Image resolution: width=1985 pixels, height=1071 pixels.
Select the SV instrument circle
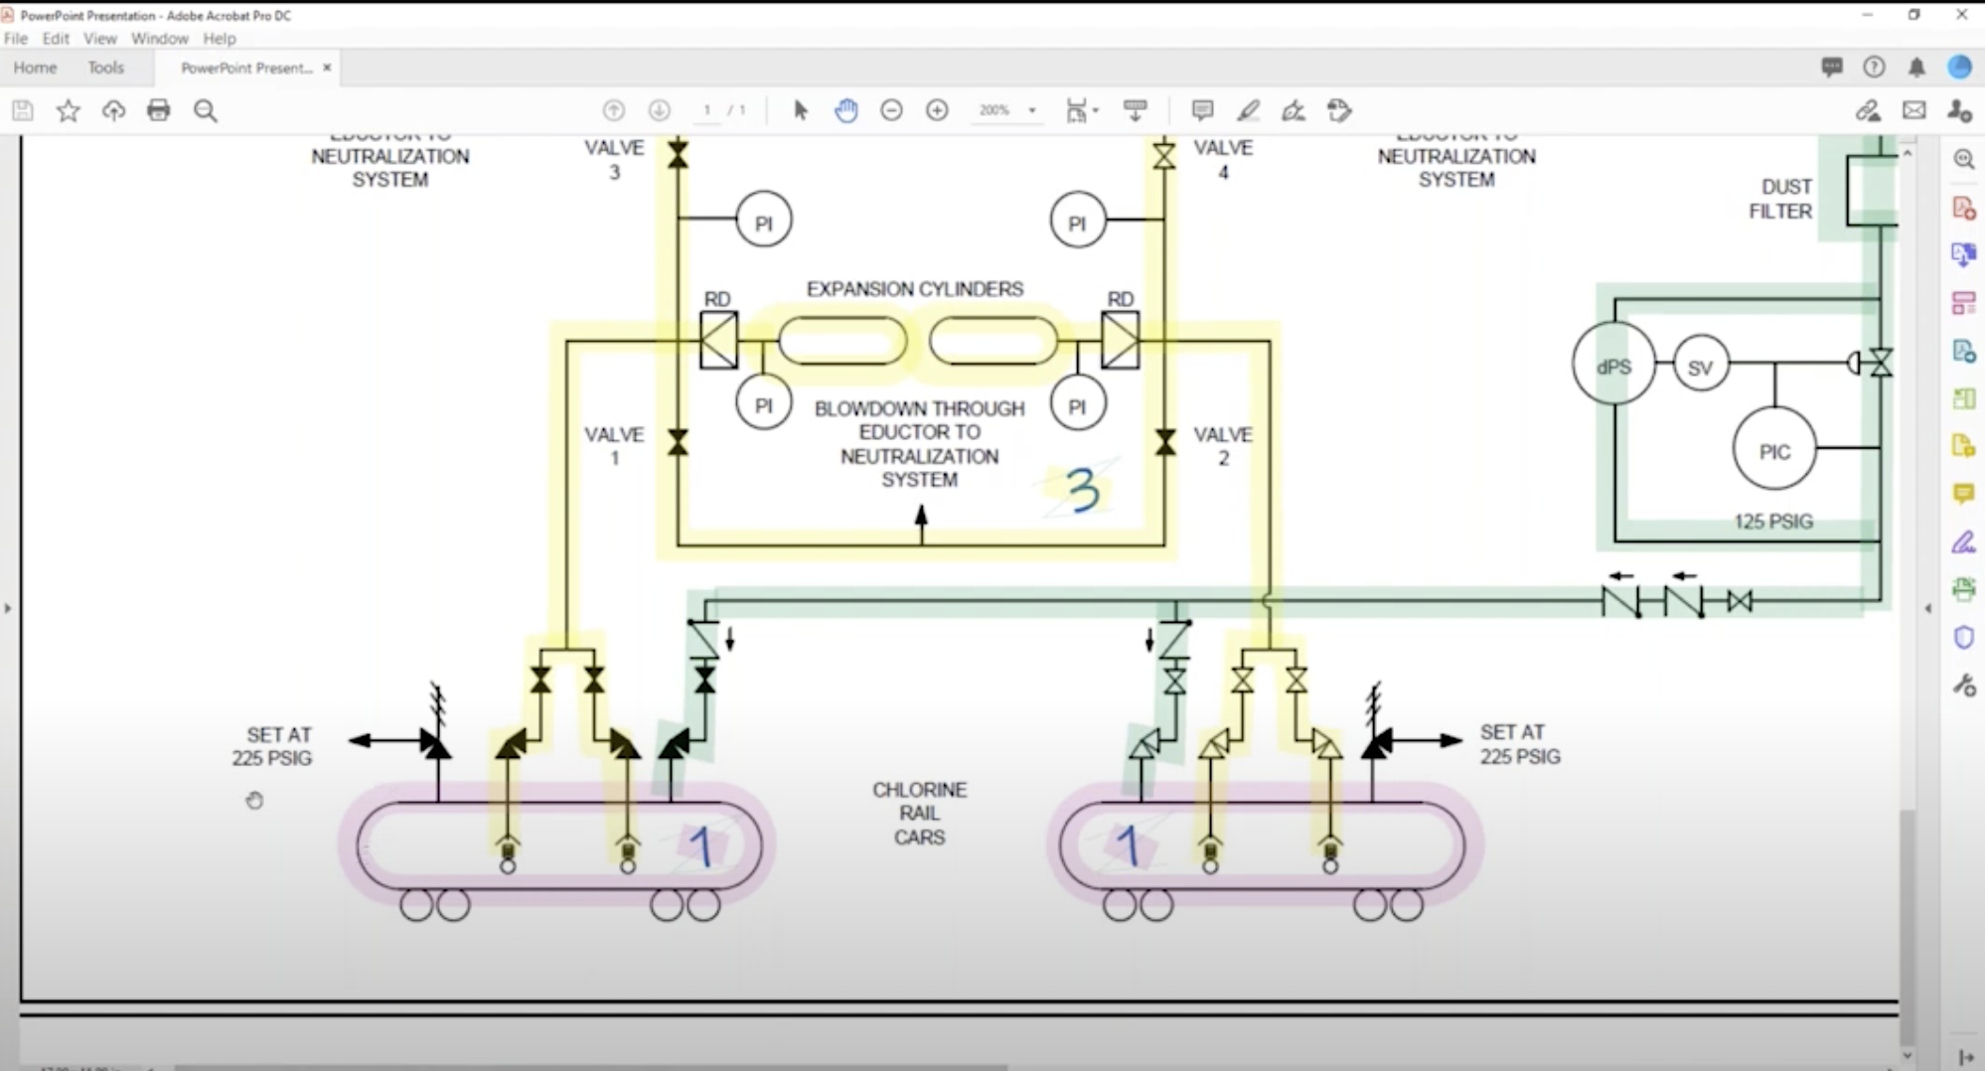1700,367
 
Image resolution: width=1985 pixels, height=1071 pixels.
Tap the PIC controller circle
1774,451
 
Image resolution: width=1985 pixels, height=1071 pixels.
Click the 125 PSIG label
1773,521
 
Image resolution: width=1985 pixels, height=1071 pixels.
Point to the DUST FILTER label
1780,199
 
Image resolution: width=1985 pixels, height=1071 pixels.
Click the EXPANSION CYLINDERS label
914,289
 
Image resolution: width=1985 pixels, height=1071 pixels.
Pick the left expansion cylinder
842,341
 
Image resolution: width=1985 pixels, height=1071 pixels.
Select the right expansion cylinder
993,341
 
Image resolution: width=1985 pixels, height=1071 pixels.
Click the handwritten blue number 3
1082,490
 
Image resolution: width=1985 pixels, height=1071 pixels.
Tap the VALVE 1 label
614,446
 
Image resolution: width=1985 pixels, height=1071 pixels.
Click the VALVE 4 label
1222,159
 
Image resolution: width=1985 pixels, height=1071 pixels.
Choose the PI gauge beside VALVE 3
763,221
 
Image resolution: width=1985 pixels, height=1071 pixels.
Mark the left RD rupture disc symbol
718,341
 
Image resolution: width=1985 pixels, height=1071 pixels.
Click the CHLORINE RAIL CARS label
919,813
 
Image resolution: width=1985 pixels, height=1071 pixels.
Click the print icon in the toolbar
159,110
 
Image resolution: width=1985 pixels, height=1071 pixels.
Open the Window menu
159,39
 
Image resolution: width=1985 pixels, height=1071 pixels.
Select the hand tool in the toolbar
846,110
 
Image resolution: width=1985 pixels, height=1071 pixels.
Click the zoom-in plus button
937,110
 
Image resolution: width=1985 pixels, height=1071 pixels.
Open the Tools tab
105,68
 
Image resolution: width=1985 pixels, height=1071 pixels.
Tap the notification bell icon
1916,68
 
